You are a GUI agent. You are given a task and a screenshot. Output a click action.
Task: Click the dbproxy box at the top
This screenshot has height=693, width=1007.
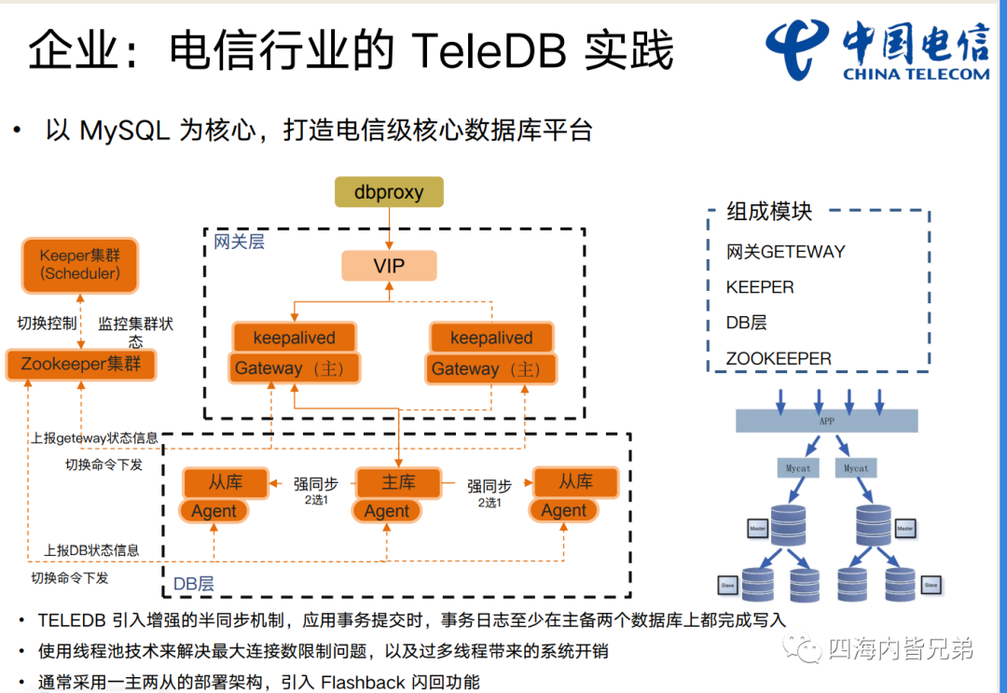tap(389, 192)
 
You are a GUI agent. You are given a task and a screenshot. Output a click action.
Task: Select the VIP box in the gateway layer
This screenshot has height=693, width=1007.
tap(389, 266)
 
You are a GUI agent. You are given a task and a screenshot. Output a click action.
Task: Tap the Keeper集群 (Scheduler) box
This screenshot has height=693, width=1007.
tap(80, 264)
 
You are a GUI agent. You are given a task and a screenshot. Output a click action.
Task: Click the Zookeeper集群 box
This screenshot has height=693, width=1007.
tap(81, 364)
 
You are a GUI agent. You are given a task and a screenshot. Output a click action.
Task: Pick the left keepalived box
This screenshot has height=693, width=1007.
tap(294, 338)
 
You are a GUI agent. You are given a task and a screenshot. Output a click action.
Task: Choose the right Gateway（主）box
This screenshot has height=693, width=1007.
tap(490, 368)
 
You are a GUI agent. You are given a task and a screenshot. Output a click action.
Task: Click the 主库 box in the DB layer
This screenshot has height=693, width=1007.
tap(398, 482)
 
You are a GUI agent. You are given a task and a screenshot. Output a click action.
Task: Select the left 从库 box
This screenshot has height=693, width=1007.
tap(225, 482)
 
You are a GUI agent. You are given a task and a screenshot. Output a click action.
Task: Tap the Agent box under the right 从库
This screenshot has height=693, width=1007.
tap(564, 510)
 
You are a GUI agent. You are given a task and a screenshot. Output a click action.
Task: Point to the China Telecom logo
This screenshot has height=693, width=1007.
tap(877, 50)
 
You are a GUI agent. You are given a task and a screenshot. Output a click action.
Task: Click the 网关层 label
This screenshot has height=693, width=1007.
tap(239, 242)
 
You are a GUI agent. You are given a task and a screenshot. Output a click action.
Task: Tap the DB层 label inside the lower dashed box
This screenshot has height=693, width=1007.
tap(194, 585)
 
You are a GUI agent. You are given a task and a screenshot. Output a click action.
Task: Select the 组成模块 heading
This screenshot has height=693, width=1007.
tap(769, 211)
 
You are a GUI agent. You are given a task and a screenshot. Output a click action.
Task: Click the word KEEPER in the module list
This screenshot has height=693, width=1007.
tap(760, 287)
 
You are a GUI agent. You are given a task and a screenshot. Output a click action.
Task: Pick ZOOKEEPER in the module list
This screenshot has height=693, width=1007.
tap(779, 358)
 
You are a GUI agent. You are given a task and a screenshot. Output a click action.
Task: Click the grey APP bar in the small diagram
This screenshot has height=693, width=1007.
tap(826, 421)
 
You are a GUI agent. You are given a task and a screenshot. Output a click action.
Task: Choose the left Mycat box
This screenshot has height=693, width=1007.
tap(797, 467)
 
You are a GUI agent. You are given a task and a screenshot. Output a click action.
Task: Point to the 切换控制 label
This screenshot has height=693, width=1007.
tap(47, 324)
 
